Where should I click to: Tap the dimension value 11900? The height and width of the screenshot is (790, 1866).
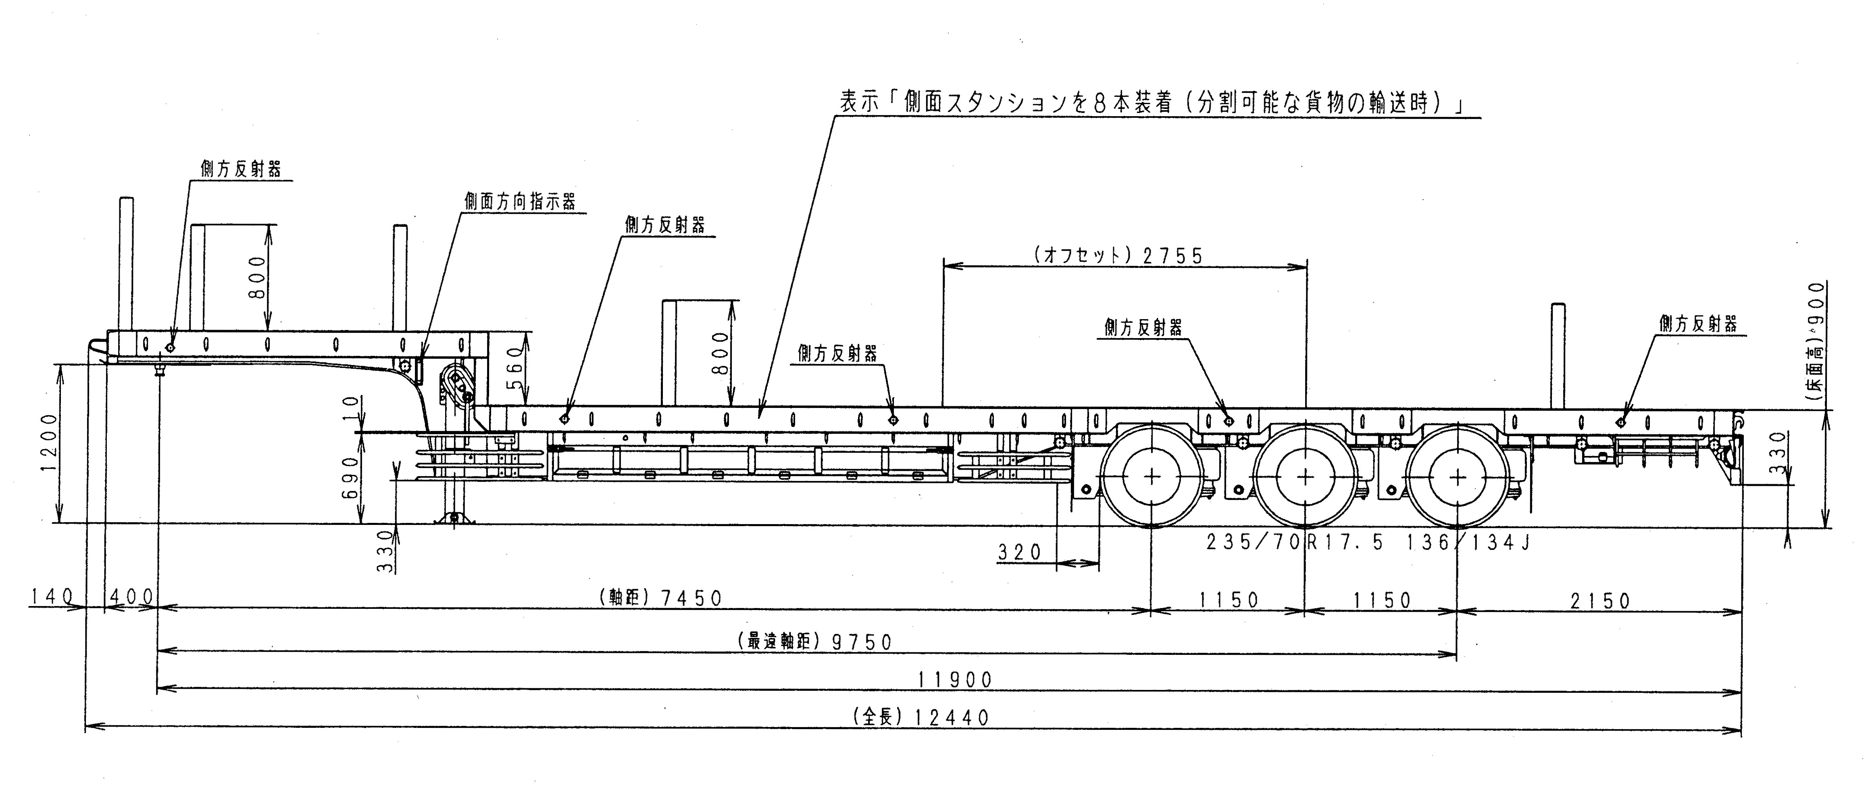pos(955,680)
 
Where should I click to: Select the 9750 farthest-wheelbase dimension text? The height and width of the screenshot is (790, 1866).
pos(862,642)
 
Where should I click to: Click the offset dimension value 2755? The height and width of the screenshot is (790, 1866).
pos(1172,256)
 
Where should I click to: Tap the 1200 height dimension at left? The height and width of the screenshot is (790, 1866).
pos(49,442)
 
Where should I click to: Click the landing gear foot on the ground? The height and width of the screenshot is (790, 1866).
pos(454,518)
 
